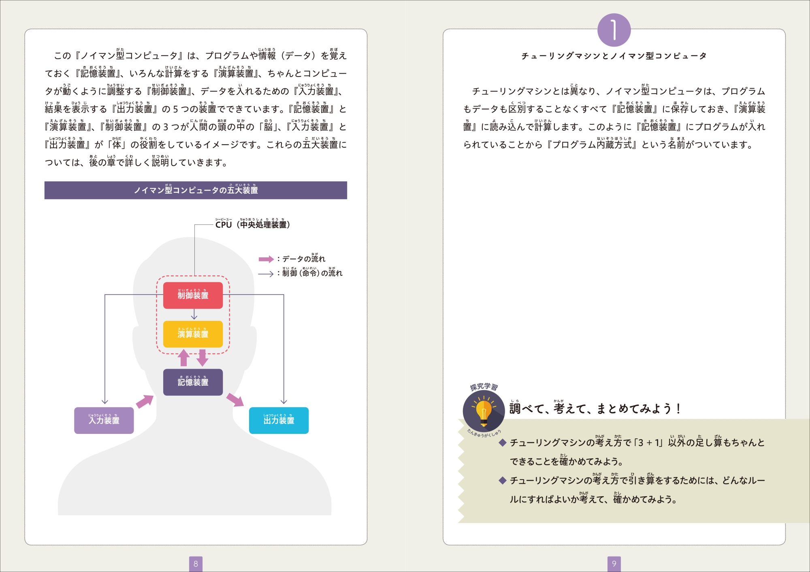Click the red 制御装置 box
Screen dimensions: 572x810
coord(193,295)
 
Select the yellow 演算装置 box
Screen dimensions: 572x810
coord(193,334)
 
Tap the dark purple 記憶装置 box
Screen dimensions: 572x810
coord(193,382)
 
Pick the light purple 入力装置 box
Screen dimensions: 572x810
coord(104,420)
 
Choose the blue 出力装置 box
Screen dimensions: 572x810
coord(279,420)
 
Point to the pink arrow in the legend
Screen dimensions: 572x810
coord(266,259)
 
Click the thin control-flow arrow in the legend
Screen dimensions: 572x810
coord(266,274)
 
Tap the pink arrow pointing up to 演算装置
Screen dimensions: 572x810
coord(184,358)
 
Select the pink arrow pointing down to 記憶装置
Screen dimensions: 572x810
coord(202,358)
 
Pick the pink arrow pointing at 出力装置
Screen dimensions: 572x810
coord(235,399)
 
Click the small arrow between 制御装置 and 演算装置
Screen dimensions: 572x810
coord(194,314)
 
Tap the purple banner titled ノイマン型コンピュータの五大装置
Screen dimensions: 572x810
coord(196,190)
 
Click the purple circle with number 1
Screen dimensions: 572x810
coord(614,30)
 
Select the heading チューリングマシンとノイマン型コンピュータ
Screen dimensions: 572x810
coord(614,56)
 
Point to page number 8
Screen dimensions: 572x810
coord(196,563)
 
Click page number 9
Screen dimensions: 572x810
coord(614,563)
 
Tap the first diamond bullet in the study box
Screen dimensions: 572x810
coord(503,442)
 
